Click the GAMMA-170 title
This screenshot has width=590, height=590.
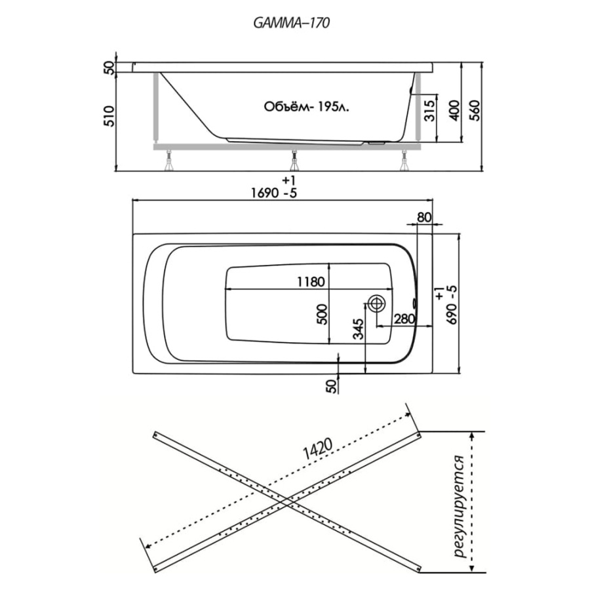[291, 22]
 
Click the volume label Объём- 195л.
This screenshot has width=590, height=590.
[306, 106]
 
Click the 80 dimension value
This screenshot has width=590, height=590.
[424, 218]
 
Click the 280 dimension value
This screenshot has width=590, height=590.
[404, 319]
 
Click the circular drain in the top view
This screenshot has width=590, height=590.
[376, 303]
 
